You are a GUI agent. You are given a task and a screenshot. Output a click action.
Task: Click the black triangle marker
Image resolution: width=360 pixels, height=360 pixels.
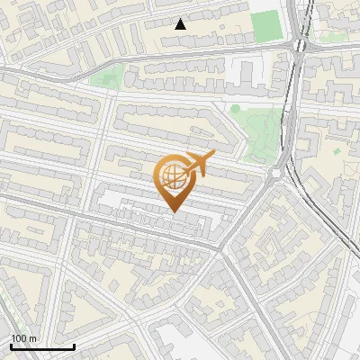181,24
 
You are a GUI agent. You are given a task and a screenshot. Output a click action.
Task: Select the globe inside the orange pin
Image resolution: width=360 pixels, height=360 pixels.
175,176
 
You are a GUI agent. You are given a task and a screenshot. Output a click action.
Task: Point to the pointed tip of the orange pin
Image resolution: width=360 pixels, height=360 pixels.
175,211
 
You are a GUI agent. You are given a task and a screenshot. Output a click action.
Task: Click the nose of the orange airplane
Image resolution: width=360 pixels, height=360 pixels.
213,156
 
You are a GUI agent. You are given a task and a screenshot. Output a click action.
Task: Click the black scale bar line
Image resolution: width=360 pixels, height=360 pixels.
42,346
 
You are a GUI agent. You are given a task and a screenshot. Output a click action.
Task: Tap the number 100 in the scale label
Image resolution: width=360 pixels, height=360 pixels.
20,338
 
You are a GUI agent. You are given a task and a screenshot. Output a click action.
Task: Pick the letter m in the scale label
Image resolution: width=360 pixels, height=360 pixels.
33,339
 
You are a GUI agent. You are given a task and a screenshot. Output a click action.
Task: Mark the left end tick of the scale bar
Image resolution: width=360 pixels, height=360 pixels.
11,345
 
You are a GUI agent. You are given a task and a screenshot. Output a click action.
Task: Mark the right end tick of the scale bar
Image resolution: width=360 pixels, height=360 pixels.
74,345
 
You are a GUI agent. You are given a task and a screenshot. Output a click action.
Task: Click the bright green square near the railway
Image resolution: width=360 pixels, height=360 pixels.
265,27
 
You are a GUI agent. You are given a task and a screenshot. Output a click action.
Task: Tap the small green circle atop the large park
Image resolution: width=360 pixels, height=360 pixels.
236,109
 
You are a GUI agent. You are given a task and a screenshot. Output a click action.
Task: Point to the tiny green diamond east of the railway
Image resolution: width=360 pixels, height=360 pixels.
337,151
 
